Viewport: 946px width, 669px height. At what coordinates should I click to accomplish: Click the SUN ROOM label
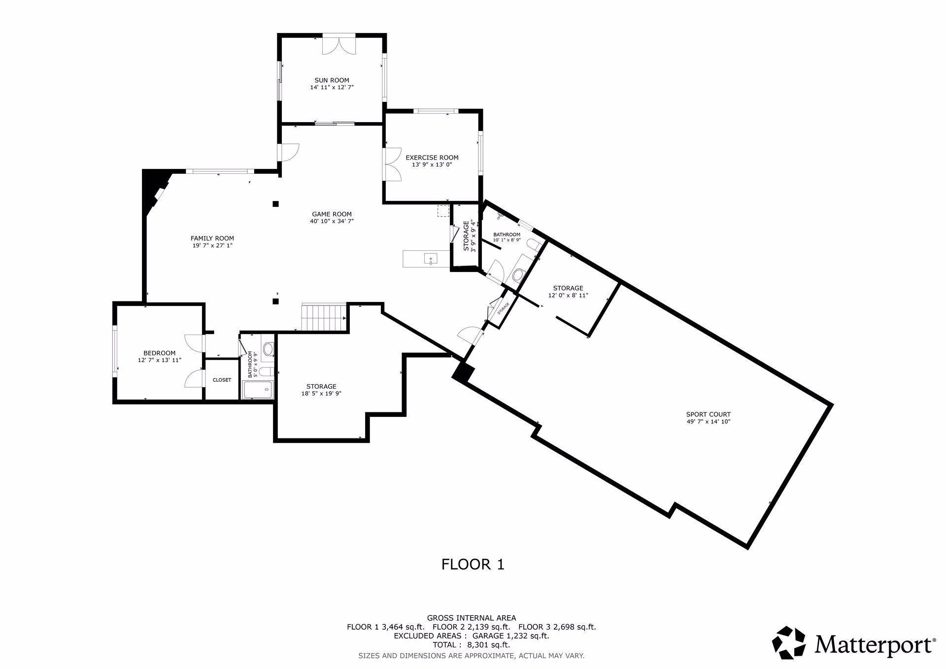[x=332, y=80]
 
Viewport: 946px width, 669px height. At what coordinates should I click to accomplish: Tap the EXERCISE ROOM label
[x=432, y=158]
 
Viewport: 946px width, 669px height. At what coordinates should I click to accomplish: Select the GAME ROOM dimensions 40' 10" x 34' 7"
[x=332, y=221]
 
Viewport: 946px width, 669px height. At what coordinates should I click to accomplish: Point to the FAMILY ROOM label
[x=212, y=238]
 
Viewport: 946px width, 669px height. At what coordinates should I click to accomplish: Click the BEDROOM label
[x=159, y=353]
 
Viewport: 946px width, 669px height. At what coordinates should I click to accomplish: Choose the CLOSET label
[x=222, y=380]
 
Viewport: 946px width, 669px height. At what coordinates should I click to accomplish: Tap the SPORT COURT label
[x=708, y=414]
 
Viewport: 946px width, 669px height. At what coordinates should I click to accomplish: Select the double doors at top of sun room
[x=338, y=44]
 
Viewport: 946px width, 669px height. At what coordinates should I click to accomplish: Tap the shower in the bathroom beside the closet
[x=257, y=390]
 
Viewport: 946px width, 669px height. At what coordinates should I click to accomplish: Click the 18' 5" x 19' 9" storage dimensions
[x=321, y=394]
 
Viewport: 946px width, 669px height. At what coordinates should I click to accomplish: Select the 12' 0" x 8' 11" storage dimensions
[x=568, y=296]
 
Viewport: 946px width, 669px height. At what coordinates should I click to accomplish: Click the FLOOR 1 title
[x=473, y=564]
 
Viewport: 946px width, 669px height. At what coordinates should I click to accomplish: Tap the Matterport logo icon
[x=788, y=643]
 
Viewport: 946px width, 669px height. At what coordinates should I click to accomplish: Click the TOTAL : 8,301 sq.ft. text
[x=471, y=645]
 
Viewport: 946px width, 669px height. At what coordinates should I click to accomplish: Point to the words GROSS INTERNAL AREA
[x=471, y=618]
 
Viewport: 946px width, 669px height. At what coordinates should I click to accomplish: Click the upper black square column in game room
[x=276, y=204]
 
